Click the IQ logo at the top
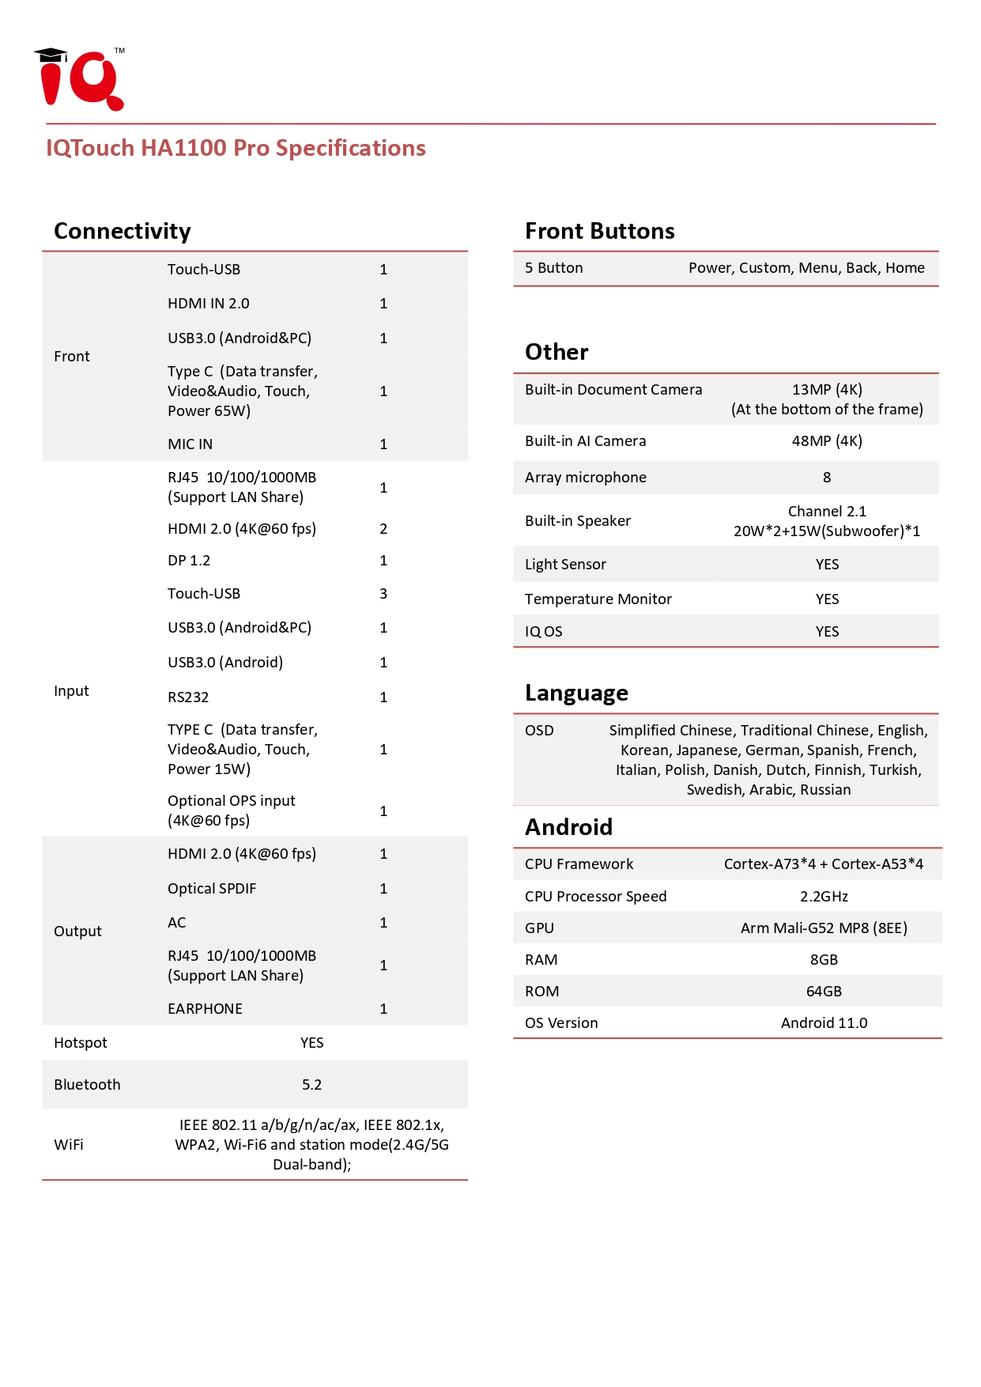click(80, 79)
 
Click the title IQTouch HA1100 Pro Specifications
click(236, 148)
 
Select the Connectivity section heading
click(123, 231)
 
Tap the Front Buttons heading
click(599, 231)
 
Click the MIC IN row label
click(190, 444)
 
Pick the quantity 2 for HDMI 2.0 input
click(383, 529)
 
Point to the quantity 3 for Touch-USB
click(383, 594)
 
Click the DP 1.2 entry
click(189, 561)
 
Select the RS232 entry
click(188, 697)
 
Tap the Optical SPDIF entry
click(212, 889)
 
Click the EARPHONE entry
click(205, 1009)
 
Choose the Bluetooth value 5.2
click(311, 1085)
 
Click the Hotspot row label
click(81, 1043)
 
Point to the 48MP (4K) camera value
click(827, 441)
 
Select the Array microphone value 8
click(827, 478)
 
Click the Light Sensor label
click(565, 565)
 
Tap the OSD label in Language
click(539, 731)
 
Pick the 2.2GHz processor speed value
click(824, 897)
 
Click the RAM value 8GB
click(824, 960)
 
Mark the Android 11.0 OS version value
click(824, 1023)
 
